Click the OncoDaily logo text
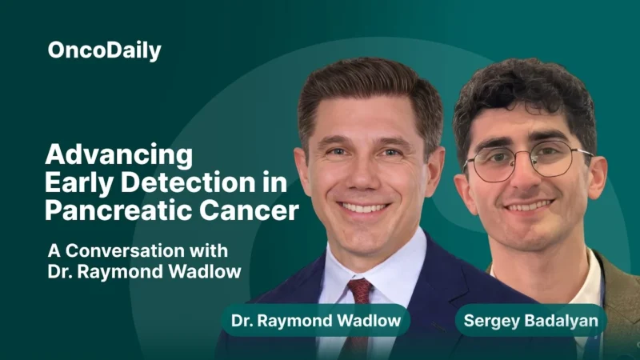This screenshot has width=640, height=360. [104, 51]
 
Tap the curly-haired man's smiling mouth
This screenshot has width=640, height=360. [530, 206]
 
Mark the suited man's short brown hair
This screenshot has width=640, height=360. [368, 88]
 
